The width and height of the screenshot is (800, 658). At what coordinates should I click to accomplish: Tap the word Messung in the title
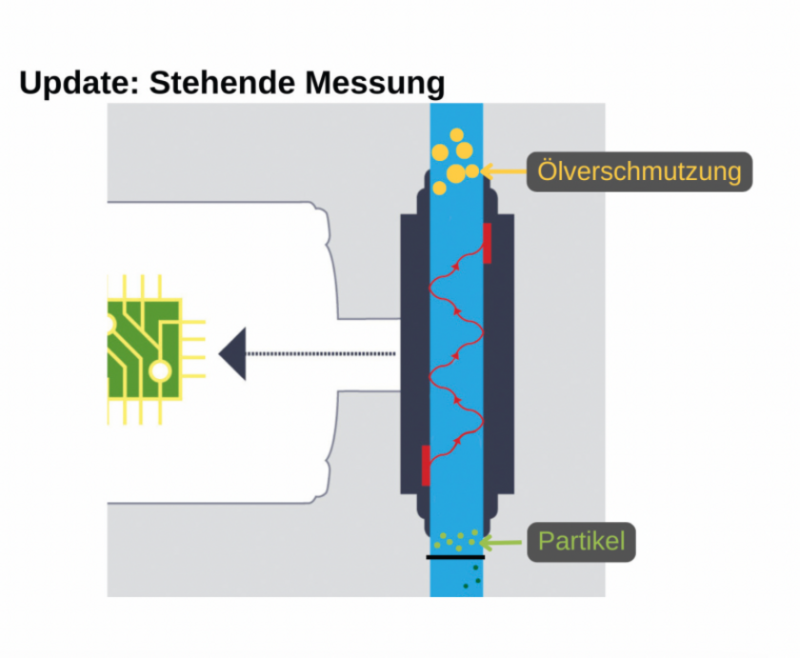click(x=374, y=84)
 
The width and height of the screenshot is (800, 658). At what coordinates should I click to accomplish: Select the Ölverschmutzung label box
click(x=639, y=172)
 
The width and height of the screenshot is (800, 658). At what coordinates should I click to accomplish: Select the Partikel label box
click(x=582, y=542)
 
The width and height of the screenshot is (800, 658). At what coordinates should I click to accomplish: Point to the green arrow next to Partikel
click(x=502, y=543)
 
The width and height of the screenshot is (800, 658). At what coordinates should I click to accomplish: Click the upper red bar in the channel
click(x=488, y=243)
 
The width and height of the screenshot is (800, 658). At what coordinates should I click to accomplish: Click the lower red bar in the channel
click(x=426, y=465)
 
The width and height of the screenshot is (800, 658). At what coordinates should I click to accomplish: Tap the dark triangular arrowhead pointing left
click(x=232, y=353)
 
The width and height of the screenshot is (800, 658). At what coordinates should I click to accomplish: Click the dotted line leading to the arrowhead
click(x=320, y=353)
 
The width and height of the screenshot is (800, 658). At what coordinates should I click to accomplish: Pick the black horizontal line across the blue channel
click(x=455, y=557)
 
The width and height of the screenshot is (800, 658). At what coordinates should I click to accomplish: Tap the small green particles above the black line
click(x=457, y=540)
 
